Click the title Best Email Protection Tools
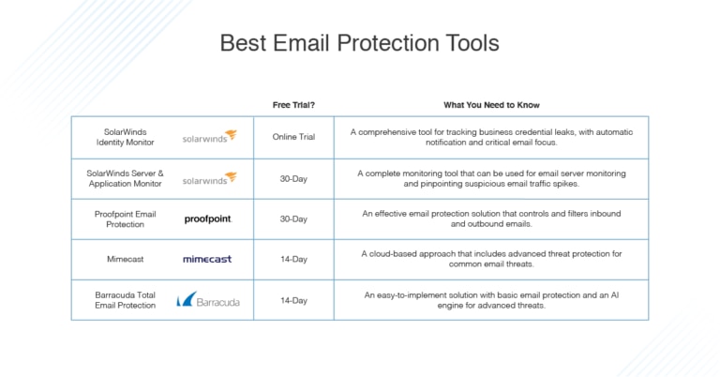pos(359,43)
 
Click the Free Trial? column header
pos(293,105)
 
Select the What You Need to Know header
pos(491,105)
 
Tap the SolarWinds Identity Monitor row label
pos(125,137)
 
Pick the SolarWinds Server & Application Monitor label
pos(125,178)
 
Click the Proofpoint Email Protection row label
pos(125,219)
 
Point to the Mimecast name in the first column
pos(125,259)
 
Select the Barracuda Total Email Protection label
pos(125,300)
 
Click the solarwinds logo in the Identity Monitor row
pos(209,137)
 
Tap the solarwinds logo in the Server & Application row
pos(209,178)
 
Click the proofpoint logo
pos(207,219)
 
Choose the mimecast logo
pos(207,259)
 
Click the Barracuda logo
pos(208,300)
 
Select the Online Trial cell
pos(293,137)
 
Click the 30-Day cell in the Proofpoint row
pos(293,219)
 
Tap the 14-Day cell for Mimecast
pos(293,259)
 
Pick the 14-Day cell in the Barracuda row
pos(293,300)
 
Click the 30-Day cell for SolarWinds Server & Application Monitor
pos(293,178)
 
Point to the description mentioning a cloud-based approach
pos(491,259)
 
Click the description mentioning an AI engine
pos(491,300)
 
